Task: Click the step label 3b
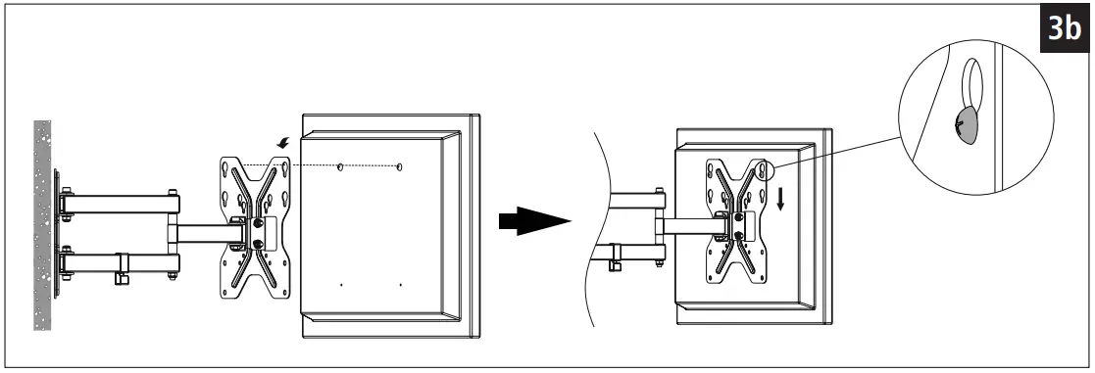1064,29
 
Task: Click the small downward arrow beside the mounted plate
781,200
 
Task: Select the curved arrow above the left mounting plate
283,145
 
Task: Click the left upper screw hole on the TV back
340,168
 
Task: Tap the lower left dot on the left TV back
340,285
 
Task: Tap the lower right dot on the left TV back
401,285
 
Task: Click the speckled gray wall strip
42,224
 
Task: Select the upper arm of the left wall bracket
119,205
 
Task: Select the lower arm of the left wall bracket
119,261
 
